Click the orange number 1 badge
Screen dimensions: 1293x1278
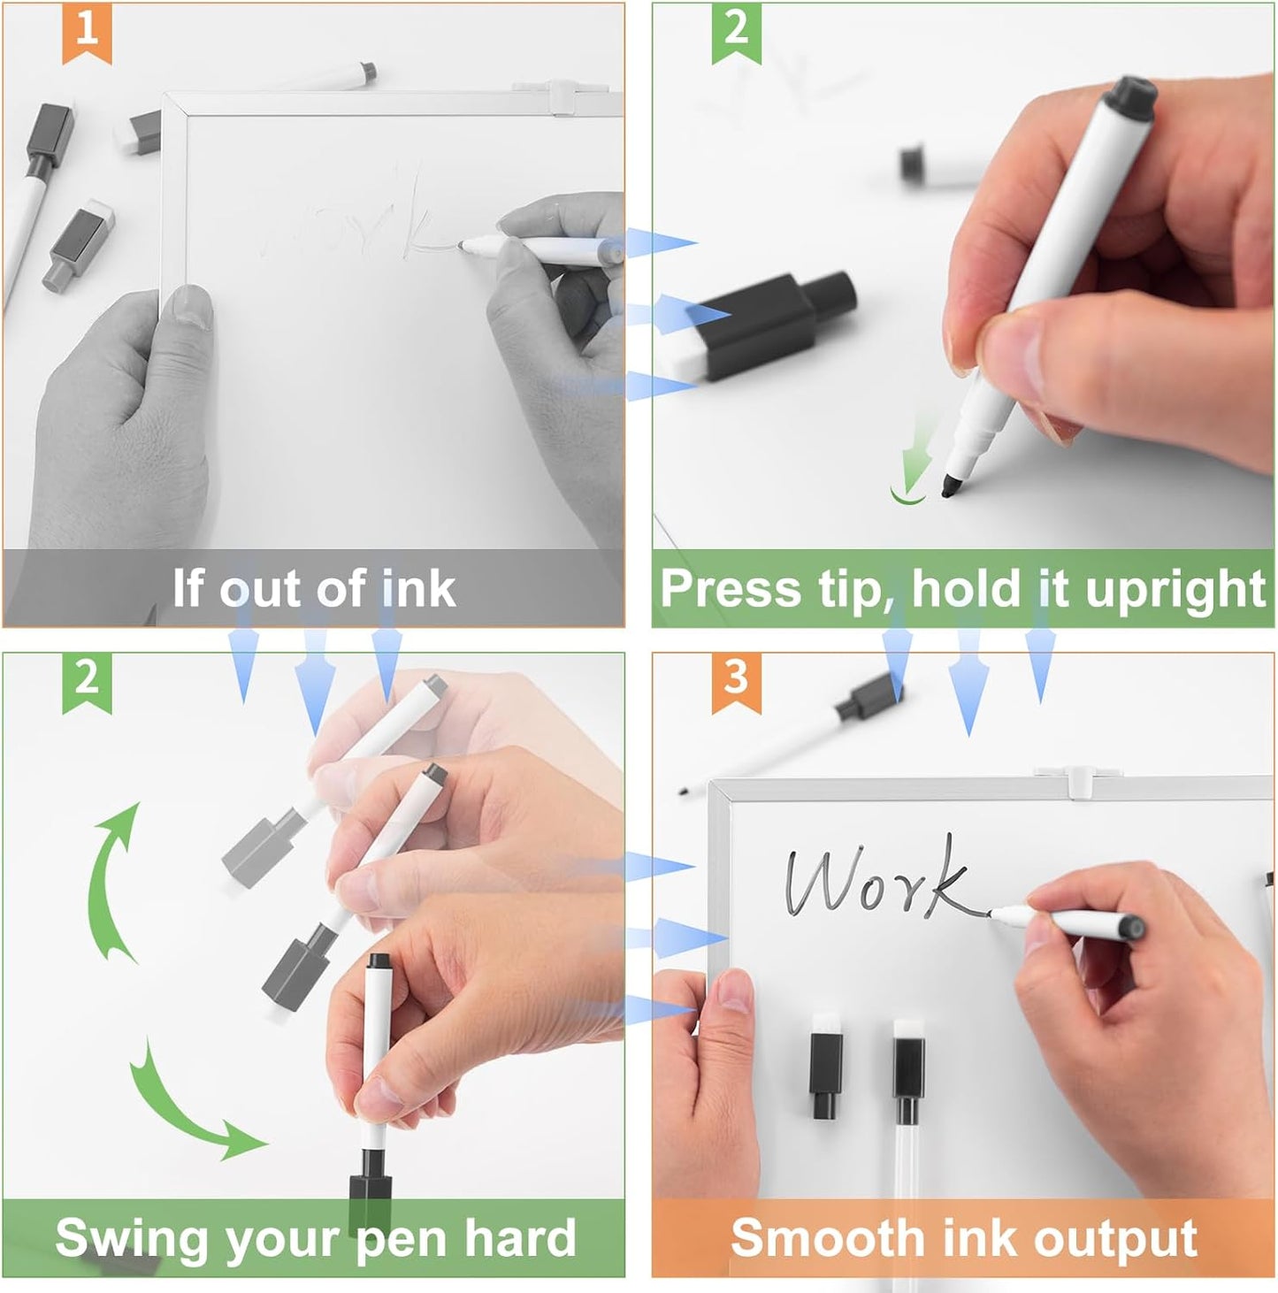pos(87,30)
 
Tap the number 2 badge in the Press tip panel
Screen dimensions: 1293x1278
pos(736,30)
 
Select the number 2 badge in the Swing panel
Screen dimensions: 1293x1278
pos(87,679)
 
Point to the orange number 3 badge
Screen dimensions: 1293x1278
pos(736,679)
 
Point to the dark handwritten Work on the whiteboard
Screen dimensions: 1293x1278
pos(876,880)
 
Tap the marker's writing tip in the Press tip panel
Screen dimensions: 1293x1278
pos(952,485)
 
